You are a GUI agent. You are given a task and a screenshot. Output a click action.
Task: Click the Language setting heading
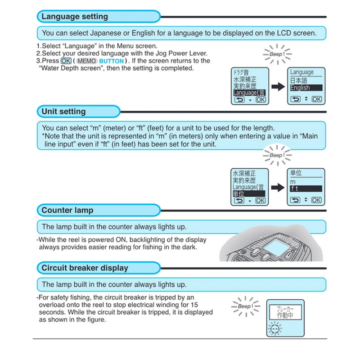(75, 17)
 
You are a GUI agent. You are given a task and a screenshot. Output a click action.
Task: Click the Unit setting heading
(63, 111)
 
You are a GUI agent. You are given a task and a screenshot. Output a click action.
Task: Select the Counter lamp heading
(67, 210)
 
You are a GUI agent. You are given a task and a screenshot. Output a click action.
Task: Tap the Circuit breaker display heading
(85, 268)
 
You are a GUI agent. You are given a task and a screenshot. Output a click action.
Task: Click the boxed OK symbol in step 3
(66, 61)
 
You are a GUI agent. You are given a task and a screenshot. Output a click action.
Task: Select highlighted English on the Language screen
(300, 88)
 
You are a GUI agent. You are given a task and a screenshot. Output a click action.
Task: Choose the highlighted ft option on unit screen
(295, 189)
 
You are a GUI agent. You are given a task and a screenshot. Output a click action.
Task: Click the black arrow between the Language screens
(278, 87)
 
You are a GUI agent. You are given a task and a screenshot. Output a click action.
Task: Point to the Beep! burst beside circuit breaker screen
(245, 306)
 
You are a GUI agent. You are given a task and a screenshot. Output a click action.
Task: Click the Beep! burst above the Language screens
(276, 54)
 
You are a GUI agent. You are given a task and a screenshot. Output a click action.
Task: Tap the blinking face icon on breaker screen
(274, 329)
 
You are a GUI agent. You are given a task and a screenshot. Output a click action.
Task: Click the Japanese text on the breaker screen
(285, 313)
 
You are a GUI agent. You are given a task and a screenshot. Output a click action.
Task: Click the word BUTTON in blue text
(112, 61)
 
